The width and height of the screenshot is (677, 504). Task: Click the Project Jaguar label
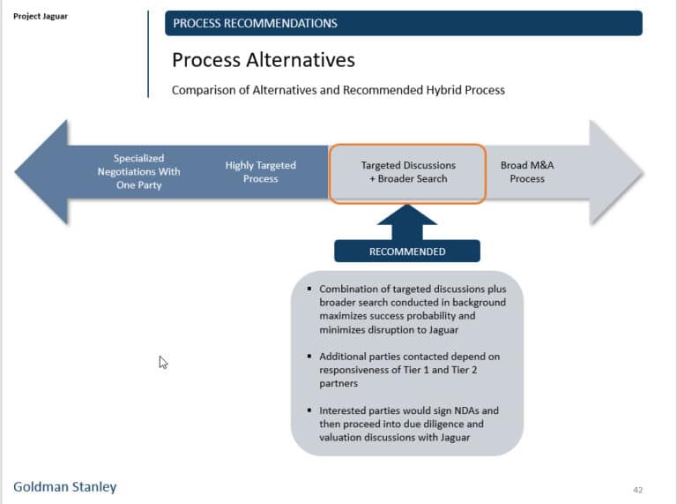pyautogui.click(x=40, y=16)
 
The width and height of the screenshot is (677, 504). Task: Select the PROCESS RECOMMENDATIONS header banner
pyautogui.click(x=403, y=23)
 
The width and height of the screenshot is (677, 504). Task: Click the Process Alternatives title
pyautogui.click(x=264, y=60)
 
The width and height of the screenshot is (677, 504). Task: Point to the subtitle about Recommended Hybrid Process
pyautogui.click(x=338, y=90)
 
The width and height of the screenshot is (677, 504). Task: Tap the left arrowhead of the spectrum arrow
pyautogui.click(x=41, y=171)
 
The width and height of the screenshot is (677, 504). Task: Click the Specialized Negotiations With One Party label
pyautogui.click(x=138, y=171)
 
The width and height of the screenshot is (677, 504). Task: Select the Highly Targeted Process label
pyautogui.click(x=260, y=171)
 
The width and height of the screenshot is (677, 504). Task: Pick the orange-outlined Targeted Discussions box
pyautogui.click(x=407, y=172)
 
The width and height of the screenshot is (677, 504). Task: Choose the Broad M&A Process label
pyautogui.click(x=527, y=171)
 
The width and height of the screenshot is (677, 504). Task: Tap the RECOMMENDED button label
pyautogui.click(x=407, y=252)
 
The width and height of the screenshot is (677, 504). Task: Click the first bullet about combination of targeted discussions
pyautogui.click(x=412, y=309)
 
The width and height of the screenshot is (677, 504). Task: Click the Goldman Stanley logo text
pyautogui.click(x=64, y=486)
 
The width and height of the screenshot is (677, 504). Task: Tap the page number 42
pyautogui.click(x=638, y=489)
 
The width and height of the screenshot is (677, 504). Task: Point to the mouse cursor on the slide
pyautogui.click(x=163, y=361)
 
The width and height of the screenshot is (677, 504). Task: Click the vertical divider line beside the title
pyautogui.click(x=148, y=53)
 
